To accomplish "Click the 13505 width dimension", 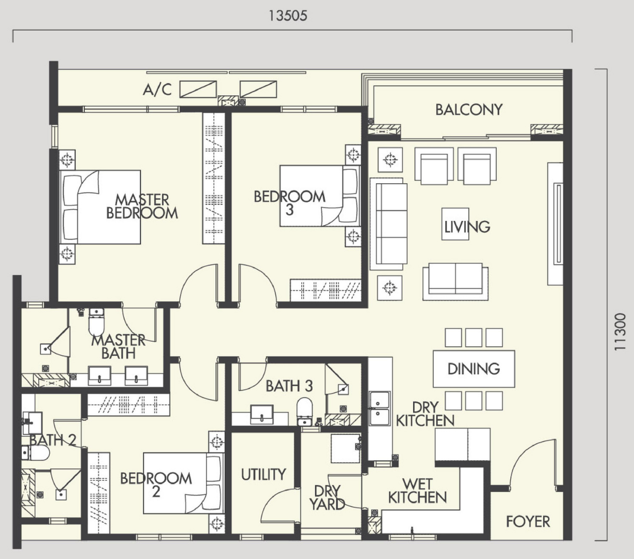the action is click(288, 16).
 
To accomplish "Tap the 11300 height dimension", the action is click(620, 332).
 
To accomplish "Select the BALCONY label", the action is click(469, 110).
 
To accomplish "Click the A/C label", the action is click(157, 89).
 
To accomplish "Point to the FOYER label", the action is click(528, 521).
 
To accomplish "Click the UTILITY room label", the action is click(263, 475).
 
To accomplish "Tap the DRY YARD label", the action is click(327, 497).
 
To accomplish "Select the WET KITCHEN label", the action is click(418, 491).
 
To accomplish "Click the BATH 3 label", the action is click(289, 386).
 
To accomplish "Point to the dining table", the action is click(474, 369).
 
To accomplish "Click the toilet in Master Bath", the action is click(96, 322).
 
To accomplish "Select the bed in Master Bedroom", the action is click(100, 207).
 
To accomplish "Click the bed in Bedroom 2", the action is click(184, 483).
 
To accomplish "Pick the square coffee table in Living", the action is click(455, 224).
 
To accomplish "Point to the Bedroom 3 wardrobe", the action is click(326, 290).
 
